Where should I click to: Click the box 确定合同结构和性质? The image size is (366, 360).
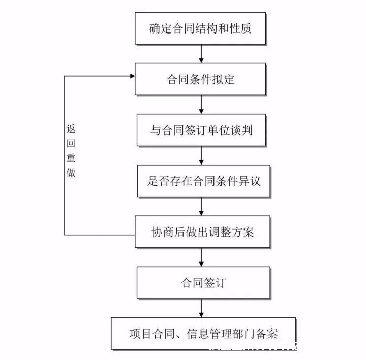(200, 28)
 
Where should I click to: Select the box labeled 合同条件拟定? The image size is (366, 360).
(200, 79)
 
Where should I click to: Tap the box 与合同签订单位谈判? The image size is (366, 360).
(201, 130)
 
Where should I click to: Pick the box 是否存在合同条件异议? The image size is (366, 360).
(204, 181)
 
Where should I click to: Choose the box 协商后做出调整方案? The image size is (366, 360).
(203, 232)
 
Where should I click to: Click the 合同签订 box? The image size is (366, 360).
(203, 282)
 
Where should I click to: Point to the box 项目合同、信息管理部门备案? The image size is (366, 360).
(203, 334)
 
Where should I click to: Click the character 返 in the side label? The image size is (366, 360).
(71, 128)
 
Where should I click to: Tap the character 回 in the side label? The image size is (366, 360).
(71, 143)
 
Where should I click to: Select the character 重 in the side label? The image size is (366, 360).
(71, 158)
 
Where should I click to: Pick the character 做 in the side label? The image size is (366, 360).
(71, 173)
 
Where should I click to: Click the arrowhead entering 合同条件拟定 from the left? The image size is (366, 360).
(132, 76)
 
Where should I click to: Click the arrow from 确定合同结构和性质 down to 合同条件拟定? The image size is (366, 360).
(201, 54)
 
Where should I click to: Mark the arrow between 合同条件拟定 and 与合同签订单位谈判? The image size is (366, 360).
(201, 105)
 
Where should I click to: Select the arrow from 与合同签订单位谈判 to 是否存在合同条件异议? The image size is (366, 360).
(201, 155)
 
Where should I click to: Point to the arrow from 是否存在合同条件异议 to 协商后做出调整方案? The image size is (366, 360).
(201, 206)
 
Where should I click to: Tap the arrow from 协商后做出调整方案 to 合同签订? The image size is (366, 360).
(201, 257)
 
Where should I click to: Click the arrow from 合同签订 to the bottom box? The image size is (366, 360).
(201, 308)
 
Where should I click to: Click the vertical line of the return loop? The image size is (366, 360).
(64, 155)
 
